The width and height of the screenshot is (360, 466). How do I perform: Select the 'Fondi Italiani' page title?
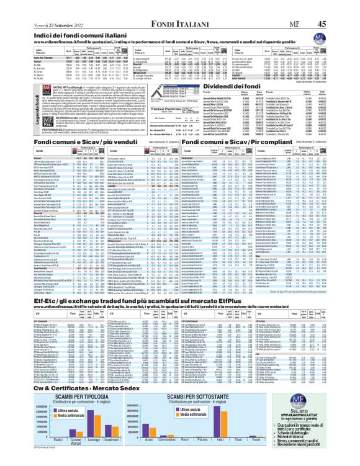179,6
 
